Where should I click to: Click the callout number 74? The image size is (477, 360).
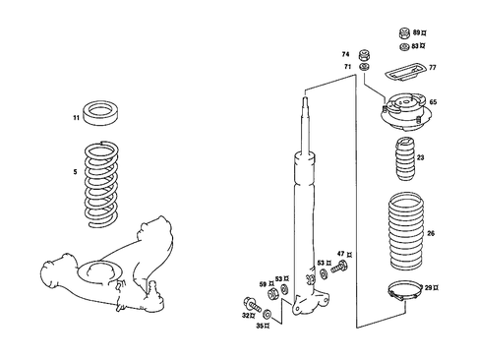(x=345, y=53)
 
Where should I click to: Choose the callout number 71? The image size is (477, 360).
(x=345, y=66)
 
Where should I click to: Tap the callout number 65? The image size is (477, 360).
(x=433, y=101)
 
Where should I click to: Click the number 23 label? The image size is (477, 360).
(x=420, y=158)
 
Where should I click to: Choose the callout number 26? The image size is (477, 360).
(x=430, y=233)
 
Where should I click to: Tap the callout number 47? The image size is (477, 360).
(x=340, y=255)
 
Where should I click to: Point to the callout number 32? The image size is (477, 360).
(x=246, y=315)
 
